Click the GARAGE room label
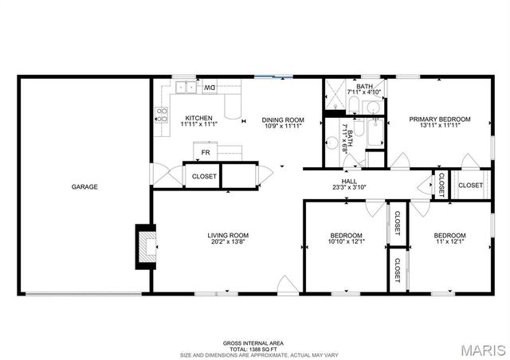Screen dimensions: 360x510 click(x=84, y=187)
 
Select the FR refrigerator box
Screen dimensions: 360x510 click(x=205, y=152)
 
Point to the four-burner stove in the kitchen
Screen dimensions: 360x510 click(x=163, y=113)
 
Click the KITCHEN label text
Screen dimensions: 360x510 click(x=198, y=118)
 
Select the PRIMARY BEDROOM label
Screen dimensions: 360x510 click(x=440, y=119)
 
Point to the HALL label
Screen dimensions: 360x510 click(x=349, y=182)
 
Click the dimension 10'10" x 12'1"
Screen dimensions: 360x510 click(x=347, y=242)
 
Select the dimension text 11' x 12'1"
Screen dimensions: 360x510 click(x=449, y=242)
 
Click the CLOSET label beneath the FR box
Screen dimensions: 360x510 click(x=204, y=176)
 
